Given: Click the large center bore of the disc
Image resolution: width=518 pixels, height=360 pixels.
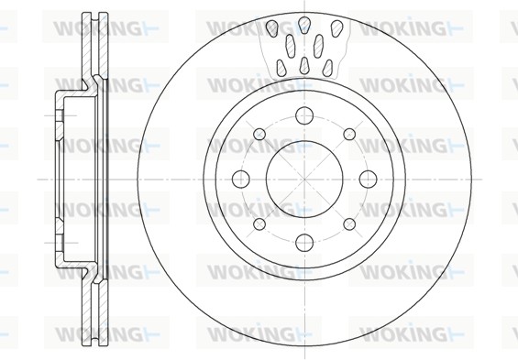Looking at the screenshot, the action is (304, 180).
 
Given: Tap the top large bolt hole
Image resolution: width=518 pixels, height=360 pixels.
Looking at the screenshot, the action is (304, 115).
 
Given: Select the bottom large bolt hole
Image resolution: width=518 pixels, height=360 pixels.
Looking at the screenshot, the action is (304, 243).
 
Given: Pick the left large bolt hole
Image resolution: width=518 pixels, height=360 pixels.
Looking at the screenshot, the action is (241, 180).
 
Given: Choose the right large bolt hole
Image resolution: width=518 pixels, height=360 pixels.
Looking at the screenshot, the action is (368, 180).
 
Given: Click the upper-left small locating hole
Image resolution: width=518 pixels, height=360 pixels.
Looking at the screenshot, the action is (259, 135).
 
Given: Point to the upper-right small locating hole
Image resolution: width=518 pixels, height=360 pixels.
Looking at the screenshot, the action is (349, 135).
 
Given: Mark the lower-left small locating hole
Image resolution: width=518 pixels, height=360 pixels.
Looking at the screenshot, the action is (259, 224).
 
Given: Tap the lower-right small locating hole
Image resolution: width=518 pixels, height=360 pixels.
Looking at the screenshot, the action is (349, 224).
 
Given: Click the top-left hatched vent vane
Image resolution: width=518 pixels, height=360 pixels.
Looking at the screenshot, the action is (272, 27).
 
